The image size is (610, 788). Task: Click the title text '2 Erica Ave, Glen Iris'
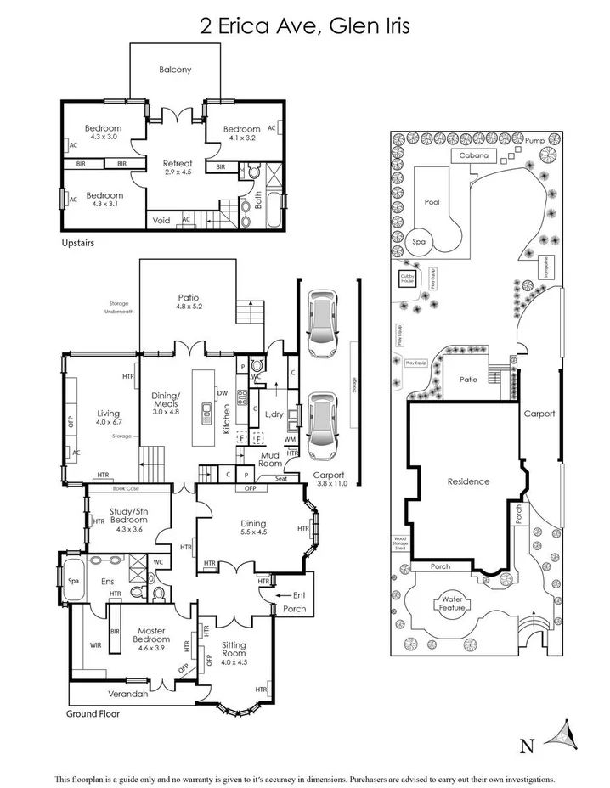pos(305,27)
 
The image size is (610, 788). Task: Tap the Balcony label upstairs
pos(176,70)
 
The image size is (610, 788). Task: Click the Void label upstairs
pos(161,220)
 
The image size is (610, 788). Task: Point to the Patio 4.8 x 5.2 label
pos(189,301)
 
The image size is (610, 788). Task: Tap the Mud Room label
pos(270,459)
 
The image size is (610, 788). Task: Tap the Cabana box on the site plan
pos(473,155)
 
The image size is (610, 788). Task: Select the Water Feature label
pos(451,604)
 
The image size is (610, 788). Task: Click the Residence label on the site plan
pos(468,481)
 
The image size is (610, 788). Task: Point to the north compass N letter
pos(527,746)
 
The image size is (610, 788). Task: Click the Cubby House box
pos(406,278)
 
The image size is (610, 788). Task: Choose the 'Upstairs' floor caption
pos(77,243)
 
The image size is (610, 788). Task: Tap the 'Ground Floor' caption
pos(93,714)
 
